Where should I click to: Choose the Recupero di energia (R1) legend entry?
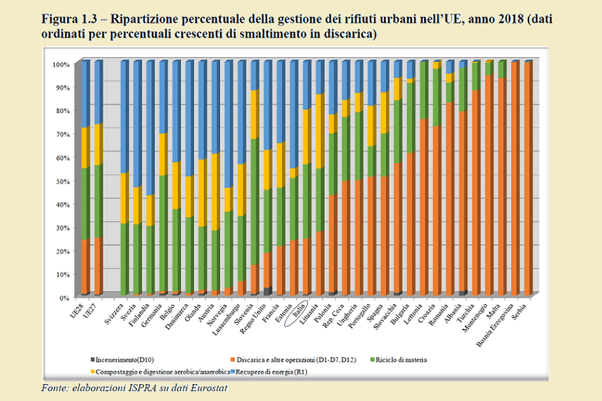click(x=268, y=370)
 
